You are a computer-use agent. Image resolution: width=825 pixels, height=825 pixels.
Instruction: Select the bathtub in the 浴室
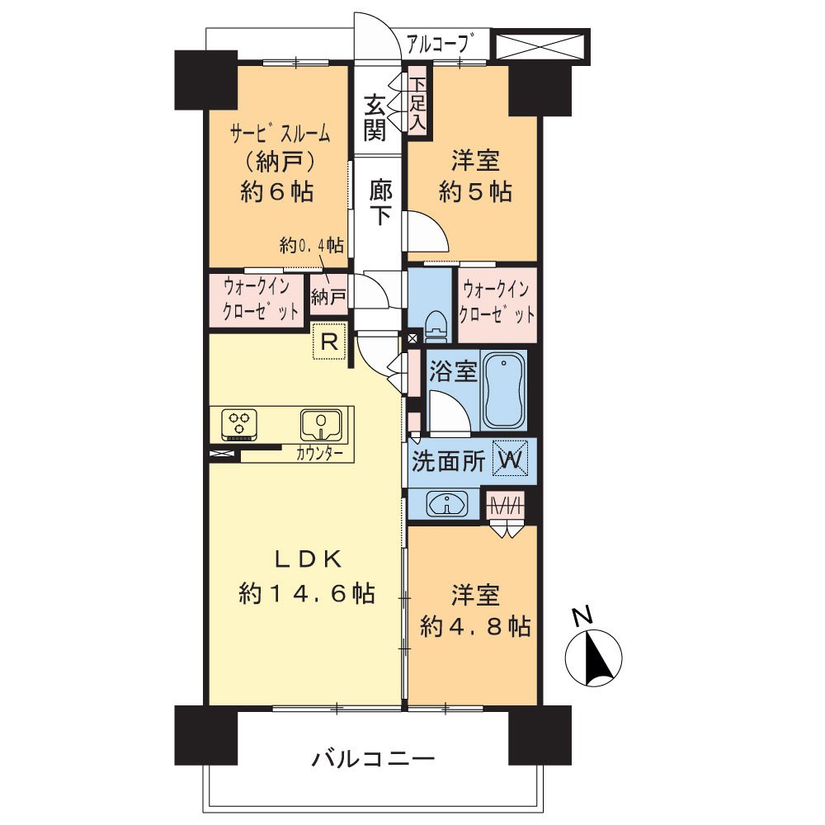tap(504, 390)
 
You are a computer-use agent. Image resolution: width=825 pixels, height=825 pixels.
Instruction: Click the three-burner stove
tap(239, 423)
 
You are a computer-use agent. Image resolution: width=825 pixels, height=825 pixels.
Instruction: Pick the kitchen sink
tap(321, 425)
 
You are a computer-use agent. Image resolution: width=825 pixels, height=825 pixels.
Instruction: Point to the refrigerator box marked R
tap(329, 342)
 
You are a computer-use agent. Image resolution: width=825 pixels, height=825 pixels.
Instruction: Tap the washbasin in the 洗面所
tap(447, 505)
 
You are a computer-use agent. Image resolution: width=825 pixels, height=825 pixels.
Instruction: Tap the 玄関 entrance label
tap(375, 117)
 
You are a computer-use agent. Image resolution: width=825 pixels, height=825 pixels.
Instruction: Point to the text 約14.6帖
tap(307, 594)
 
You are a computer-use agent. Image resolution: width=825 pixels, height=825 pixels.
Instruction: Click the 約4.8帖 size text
tap(475, 627)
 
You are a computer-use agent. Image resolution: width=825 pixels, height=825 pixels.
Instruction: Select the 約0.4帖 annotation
tap(312, 245)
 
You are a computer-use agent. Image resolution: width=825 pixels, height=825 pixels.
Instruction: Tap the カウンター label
tap(320, 454)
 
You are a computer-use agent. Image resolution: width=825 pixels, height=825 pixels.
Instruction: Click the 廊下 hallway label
tap(379, 202)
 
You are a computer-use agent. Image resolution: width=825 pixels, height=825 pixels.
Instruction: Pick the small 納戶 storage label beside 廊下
tap(328, 297)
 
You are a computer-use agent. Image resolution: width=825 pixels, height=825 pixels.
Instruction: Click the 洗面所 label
tap(449, 461)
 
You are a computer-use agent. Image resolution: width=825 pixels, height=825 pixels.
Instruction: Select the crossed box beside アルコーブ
tap(540, 45)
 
